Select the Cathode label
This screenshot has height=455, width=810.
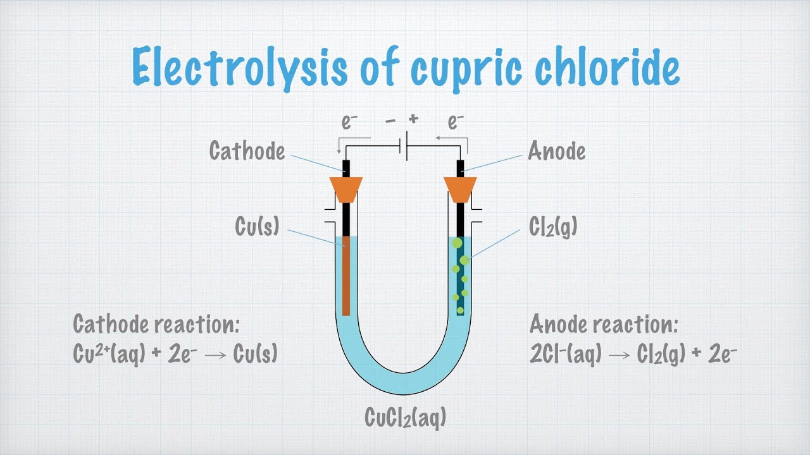pos(247,152)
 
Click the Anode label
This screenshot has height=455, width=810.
pos(557,152)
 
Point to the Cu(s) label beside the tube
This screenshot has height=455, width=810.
pos(257,226)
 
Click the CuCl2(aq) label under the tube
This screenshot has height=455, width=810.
pos(406,418)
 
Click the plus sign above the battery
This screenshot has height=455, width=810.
pos(414,119)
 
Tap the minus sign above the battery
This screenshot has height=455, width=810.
pos(391,119)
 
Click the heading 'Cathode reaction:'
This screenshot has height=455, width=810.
pos(156,324)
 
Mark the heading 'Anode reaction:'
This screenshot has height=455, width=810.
pos(604,324)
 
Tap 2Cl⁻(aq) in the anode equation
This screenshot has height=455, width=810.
pos(566,355)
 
